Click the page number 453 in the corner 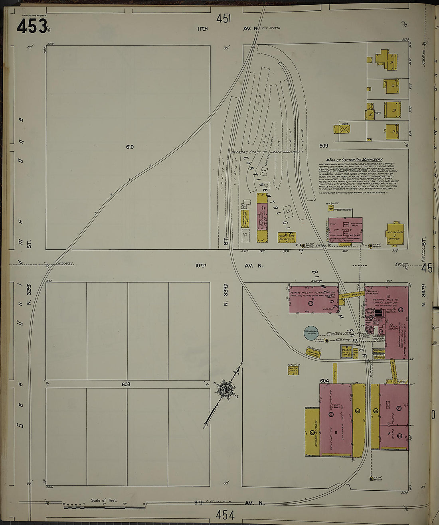click(x=32, y=26)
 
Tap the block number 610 click(x=130, y=147)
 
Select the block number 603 click(x=126, y=385)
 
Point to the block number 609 click(x=324, y=146)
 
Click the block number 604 click(x=324, y=381)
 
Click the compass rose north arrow click(x=225, y=389)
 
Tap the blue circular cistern click(x=311, y=333)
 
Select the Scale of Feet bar click(x=104, y=507)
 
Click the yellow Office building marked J click(x=395, y=235)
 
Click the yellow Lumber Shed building click(x=286, y=237)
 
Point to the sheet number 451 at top click(x=224, y=18)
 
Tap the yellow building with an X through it click(x=342, y=129)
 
